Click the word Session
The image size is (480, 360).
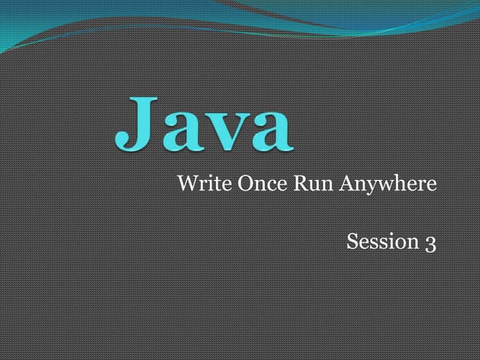click(375, 242)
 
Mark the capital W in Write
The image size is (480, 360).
click(185, 183)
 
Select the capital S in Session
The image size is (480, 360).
click(352, 242)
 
